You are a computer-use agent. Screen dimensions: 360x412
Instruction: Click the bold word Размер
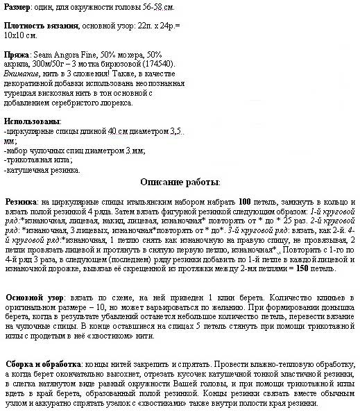(x=17, y=6)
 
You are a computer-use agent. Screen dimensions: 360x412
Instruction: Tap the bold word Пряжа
(x=16, y=55)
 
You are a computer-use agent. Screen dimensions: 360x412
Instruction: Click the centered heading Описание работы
(x=180, y=182)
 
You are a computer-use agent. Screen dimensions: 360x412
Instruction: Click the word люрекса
(x=117, y=102)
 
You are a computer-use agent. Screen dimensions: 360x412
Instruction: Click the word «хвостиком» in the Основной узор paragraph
(x=99, y=336)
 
